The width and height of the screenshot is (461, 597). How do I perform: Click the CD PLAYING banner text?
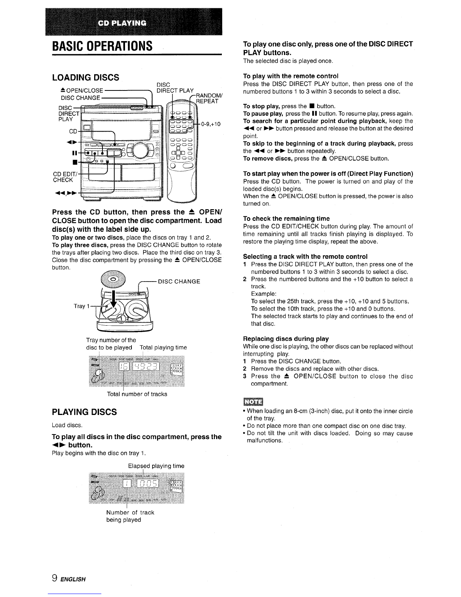pos(122,23)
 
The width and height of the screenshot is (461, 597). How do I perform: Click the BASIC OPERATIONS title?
pos(102,46)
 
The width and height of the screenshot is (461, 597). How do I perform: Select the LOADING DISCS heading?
pos(85,78)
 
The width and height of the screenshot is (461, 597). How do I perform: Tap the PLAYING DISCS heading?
pos(84,412)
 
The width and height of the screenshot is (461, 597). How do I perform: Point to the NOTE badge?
pos(253,402)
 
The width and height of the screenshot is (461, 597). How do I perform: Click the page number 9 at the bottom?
pos(55,578)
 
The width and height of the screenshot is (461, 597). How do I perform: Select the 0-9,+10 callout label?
pos(211,124)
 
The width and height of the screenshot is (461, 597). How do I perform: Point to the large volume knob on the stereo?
pos(140,150)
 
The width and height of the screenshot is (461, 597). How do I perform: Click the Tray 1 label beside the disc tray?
pos(82,306)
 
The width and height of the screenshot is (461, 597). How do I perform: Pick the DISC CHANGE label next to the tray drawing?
pos(179,282)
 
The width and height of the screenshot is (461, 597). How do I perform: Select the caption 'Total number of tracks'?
pos(137,394)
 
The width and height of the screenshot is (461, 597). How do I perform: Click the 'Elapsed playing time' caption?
pos(156,466)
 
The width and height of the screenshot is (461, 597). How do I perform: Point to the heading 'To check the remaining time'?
pos(286,219)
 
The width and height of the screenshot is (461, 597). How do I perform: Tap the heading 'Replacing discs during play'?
pos(286,339)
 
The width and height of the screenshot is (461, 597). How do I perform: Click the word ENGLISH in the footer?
pos(73,579)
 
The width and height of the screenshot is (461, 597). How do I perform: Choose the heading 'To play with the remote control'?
pos(291,76)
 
